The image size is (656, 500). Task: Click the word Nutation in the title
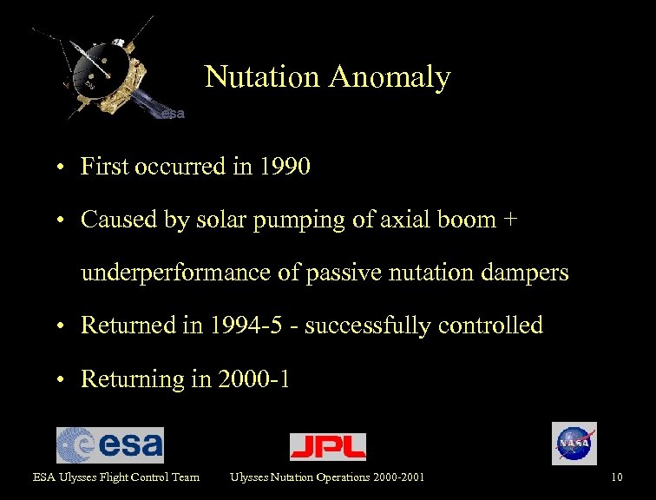(x=262, y=77)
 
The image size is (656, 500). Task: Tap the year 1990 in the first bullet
(x=284, y=166)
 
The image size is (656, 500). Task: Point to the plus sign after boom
(x=510, y=220)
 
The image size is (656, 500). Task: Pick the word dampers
(x=526, y=273)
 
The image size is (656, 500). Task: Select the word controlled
(x=490, y=326)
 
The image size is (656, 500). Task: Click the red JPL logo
(x=327, y=446)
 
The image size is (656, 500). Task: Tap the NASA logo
(x=574, y=444)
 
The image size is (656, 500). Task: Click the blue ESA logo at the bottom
(x=109, y=445)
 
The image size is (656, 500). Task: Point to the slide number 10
(x=617, y=477)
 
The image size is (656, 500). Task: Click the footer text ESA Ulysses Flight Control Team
(x=116, y=477)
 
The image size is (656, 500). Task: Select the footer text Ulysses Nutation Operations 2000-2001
(x=327, y=477)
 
